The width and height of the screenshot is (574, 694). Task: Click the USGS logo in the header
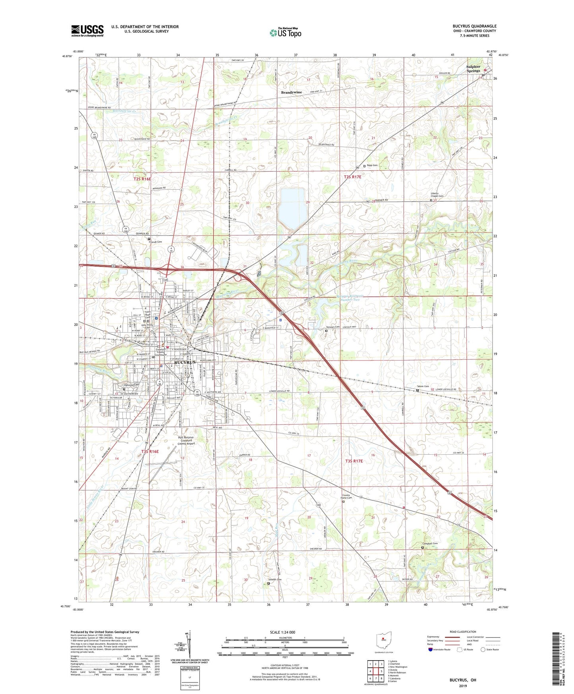point(87,31)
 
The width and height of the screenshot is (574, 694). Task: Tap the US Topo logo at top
point(285,33)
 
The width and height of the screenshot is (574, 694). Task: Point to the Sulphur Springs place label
point(473,69)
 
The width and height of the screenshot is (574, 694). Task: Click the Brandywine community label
point(291,92)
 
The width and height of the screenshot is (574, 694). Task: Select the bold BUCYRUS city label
point(185,363)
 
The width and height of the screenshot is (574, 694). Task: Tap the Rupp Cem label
point(372,165)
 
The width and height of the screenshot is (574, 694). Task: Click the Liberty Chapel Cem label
point(437,195)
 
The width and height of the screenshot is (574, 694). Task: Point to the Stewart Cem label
point(333,327)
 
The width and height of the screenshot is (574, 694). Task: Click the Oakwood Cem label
point(131,385)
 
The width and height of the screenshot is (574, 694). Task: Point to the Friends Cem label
point(155,242)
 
